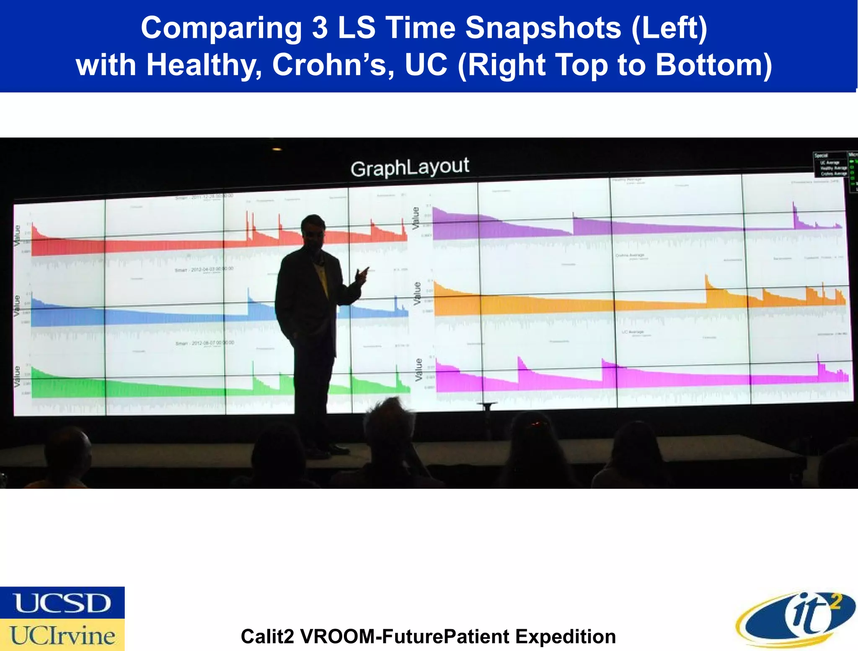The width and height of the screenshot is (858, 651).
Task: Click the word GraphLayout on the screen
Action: tap(410, 167)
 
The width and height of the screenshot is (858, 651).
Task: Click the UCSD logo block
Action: tap(62, 602)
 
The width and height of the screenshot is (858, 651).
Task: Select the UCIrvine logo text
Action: tap(62, 635)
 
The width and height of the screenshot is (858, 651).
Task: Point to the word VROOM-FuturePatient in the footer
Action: tap(405, 636)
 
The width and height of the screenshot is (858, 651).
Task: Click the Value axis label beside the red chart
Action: tap(17, 236)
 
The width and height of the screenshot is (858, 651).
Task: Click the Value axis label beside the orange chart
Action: tap(417, 293)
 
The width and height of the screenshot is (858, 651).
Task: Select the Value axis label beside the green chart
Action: tap(17, 376)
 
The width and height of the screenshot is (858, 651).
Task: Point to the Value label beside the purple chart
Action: tap(416, 218)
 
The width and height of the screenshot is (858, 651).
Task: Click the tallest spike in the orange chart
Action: tap(706, 280)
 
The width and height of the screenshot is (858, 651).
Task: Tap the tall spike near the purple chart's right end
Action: tap(793, 208)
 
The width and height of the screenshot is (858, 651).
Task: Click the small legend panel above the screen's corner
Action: tap(830, 164)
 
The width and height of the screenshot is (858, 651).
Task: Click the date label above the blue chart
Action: tap(204, 269)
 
